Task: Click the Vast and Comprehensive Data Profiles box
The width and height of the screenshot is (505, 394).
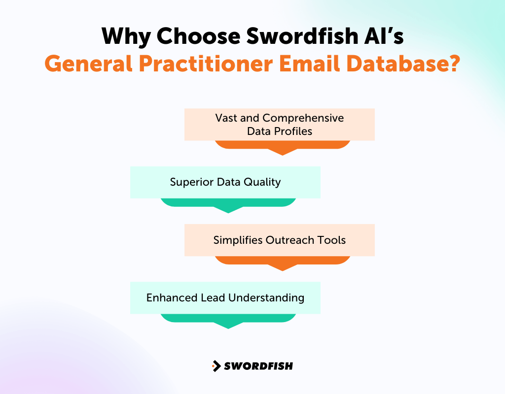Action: [x=279, y=125]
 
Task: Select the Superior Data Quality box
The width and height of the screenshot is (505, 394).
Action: [x=225, y=182]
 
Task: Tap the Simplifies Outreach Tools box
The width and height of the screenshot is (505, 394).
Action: [x=279, y=240]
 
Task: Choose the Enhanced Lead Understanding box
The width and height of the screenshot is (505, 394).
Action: [x=225, y=297]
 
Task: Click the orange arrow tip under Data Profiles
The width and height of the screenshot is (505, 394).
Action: [x=282, y=152]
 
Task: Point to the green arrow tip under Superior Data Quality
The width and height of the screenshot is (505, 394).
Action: [x=228, y=210]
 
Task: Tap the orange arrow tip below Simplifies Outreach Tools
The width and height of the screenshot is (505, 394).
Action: [x=282, y=267]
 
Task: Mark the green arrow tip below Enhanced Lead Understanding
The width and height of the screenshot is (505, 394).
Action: [x=228, y=325]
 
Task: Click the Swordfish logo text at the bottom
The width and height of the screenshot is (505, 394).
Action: [x=258, y=366]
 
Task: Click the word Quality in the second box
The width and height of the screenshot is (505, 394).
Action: [x=263, y=182]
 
